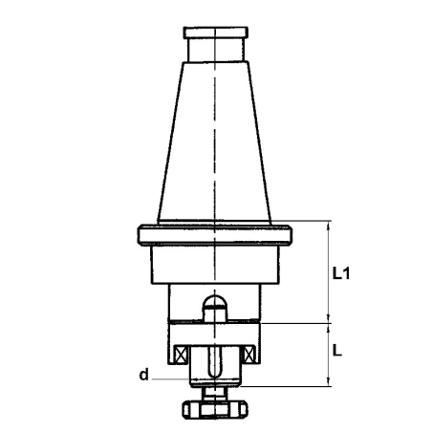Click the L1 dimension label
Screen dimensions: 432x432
(341, 273)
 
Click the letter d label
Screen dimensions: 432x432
(144, 375)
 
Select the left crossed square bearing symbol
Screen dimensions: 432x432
(180, 355)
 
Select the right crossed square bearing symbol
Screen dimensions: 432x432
(248, 355)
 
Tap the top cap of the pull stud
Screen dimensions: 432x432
(216, 32)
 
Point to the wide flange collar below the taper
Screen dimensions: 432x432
(215, 235)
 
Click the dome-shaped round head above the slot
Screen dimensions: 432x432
(215, 301)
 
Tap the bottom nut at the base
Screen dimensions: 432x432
(215, 410)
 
